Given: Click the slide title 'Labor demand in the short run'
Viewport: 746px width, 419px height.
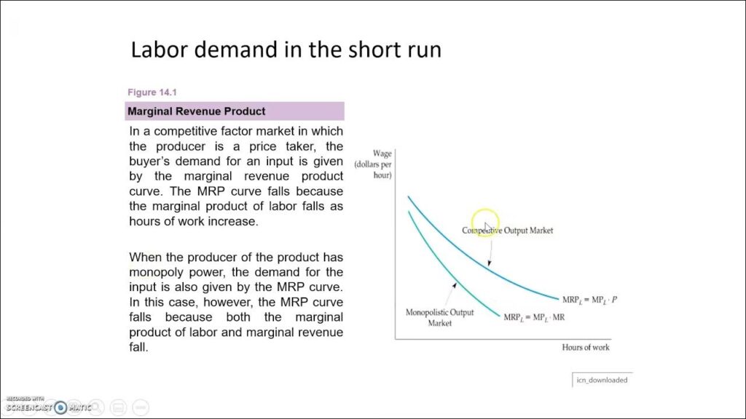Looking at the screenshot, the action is [286, 50].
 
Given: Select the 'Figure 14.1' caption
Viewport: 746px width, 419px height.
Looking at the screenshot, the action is [152, 92].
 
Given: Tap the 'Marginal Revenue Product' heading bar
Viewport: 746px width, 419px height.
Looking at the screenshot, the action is [235, 111].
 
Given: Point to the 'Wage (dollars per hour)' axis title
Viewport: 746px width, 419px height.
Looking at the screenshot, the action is [373, 164].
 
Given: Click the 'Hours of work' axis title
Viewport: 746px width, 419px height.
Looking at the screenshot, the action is [586, 347].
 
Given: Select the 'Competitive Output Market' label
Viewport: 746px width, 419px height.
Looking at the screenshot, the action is [507, 231].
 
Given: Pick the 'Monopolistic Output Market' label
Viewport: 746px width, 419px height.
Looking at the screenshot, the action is [439, 317].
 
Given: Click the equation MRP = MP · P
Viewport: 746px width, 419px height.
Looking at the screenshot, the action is [589, 300].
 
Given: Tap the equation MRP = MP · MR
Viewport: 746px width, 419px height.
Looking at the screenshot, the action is [534, 318].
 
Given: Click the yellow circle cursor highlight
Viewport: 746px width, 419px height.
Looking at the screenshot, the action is [485, 222].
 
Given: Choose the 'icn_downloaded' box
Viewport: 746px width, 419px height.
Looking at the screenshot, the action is [602, 380].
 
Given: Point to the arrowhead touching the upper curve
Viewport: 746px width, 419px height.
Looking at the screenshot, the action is [489, 263].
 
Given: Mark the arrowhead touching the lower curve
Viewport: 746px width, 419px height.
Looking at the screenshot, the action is [455, 285].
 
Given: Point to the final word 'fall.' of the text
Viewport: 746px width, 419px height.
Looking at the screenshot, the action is [139, 347].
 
